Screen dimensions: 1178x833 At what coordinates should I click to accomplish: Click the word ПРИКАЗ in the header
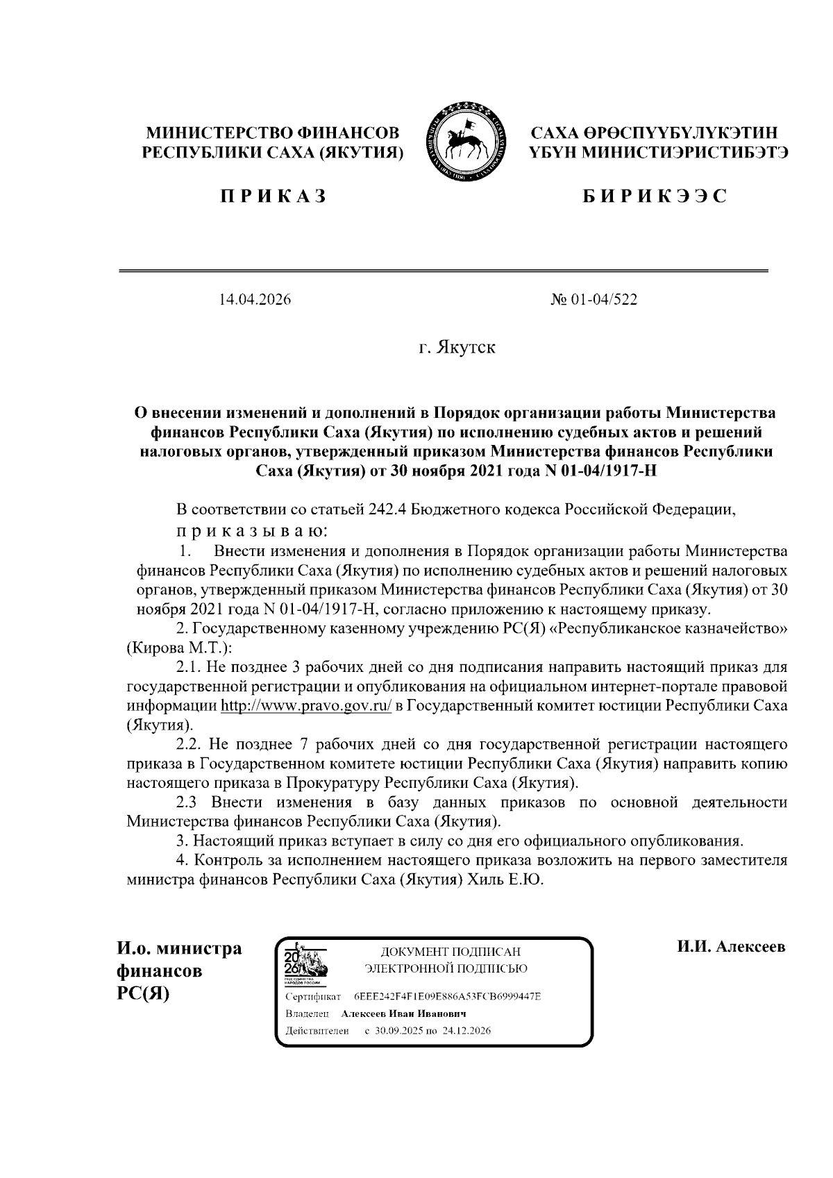274,196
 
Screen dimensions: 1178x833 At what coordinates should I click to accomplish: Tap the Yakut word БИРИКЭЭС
654,196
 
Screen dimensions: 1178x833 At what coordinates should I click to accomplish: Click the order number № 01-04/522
594,300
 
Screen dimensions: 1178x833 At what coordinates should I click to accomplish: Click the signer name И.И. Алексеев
731,947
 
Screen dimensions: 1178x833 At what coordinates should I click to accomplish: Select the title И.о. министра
179,948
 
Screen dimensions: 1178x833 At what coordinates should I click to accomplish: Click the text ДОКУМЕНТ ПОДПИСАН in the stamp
446,952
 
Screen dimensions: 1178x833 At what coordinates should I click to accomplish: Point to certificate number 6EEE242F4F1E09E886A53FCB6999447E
448,997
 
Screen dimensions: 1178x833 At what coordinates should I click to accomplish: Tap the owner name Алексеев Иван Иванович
403,1014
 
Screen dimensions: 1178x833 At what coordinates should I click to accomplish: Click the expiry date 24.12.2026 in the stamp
468,1031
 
